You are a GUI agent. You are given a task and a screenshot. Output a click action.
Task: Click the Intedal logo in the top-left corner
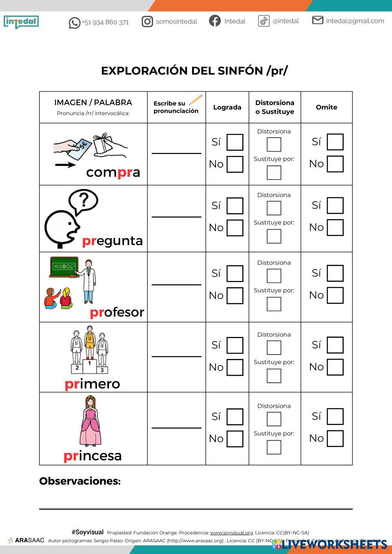[21, 22]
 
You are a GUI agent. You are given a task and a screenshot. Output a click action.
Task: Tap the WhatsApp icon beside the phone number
[74, 23]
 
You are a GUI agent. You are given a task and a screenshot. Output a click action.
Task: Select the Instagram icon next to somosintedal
[147, 22]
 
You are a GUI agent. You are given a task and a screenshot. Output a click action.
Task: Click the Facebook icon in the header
[215, 21]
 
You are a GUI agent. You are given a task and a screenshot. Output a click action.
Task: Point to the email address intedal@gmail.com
[355, 21]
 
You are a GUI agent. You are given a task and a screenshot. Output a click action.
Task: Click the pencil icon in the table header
[196, 100]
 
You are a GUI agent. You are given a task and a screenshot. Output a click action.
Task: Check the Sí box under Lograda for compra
[235, 142]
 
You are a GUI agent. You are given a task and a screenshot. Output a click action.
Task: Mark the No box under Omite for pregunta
[335, 228]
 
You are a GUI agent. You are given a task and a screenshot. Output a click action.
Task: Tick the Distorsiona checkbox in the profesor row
[274, 276]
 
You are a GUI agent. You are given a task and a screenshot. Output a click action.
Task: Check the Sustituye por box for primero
[274, 376]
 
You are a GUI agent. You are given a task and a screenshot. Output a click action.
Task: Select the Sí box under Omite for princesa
[335, 416]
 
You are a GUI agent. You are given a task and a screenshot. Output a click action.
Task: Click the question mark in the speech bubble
[83, 200]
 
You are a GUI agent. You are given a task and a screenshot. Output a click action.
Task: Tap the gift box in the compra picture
[103, 144]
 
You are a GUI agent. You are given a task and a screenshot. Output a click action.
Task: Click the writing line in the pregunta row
[176, 216]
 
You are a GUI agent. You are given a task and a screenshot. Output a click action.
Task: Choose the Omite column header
[327, 107]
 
